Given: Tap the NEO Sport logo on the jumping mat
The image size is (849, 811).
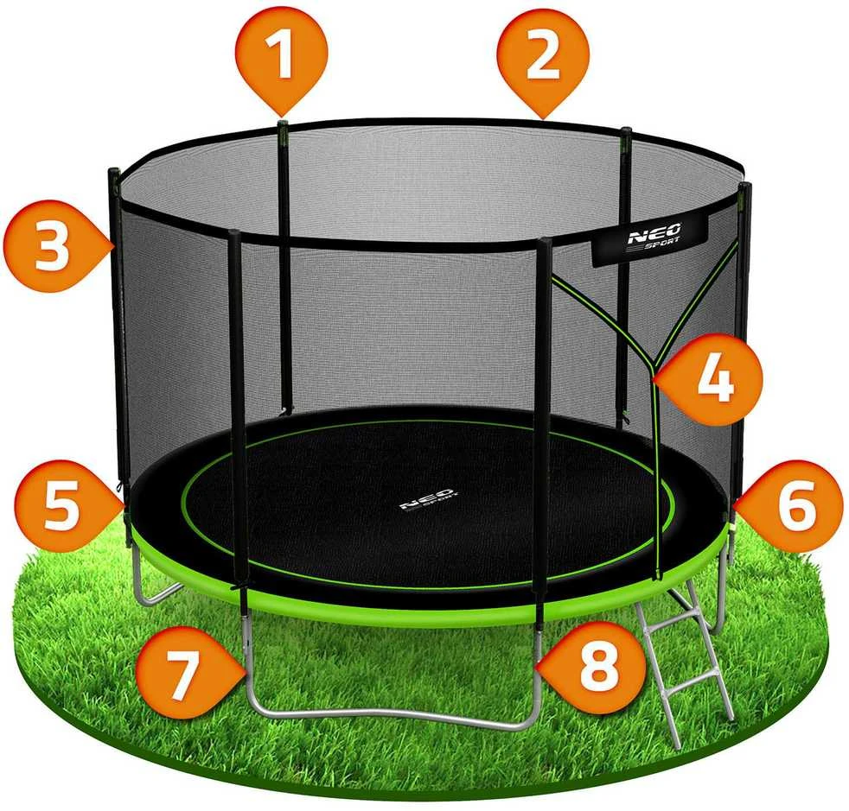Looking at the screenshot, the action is coord(428,499).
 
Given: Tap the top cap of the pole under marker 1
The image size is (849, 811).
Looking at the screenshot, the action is coord(282,125).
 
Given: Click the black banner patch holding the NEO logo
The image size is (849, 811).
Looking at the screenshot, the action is coord(651,238).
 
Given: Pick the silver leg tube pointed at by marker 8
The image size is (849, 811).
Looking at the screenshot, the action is coord(537,668).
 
